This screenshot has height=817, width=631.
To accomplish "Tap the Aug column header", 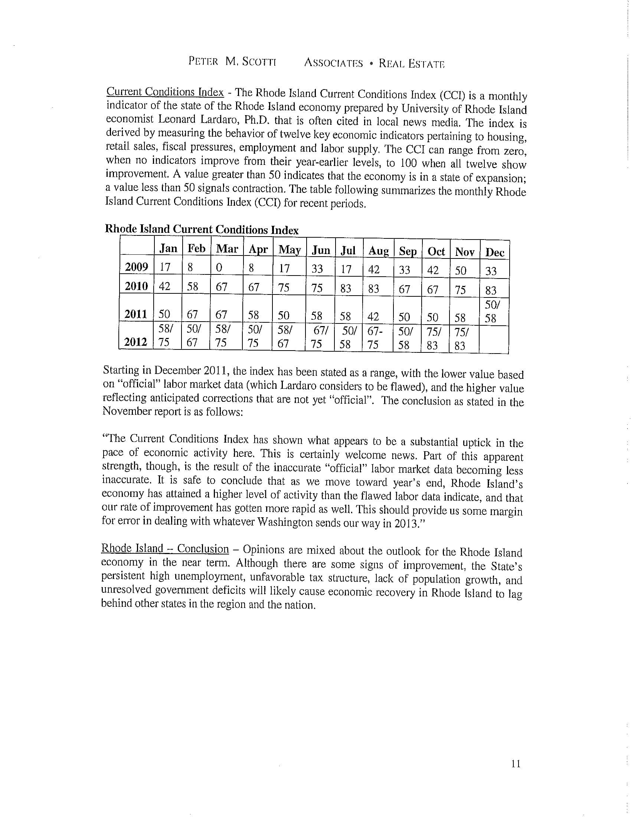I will (x=378, y=251).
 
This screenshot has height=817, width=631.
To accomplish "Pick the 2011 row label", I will (x=136, y=314).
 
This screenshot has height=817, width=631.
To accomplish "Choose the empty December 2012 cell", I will (x=493, y=339).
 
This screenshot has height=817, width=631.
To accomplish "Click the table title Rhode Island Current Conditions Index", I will (x=202, y=229).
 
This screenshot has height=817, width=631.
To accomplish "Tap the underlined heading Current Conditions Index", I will (x=165, y=92).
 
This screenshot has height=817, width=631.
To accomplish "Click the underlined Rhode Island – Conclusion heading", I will (x=165, y=549).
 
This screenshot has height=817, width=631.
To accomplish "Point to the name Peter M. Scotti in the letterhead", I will (x=232, y=62).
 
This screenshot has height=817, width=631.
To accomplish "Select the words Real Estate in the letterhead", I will (x=412, y=64).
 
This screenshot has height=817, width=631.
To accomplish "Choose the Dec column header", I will (x=494, y=253).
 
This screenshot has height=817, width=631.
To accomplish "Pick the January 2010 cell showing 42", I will (x=164, y=287).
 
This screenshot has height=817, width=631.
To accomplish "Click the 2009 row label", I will (x=137, y=267).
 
